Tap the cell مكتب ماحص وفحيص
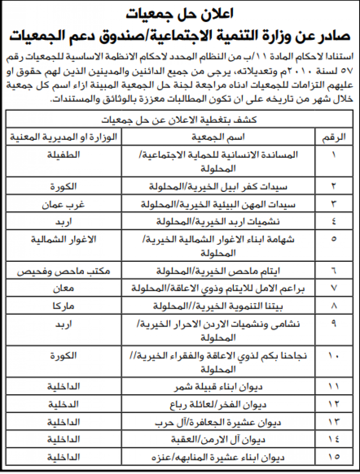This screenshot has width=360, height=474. [64, 270]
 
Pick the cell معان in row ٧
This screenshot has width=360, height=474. [64, 288]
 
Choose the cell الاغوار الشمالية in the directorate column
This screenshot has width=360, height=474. [64, 239]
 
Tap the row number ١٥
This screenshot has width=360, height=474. [334, 457]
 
